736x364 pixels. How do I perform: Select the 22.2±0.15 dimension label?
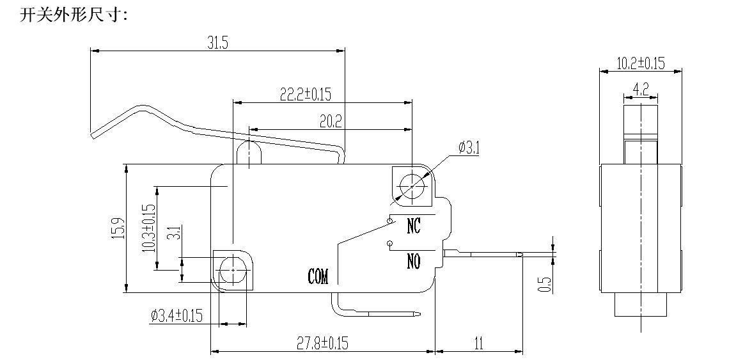(305, 94)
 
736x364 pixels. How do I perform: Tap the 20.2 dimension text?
(331, 120)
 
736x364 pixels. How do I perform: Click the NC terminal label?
(413, 225)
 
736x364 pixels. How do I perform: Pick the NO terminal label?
(413, 261)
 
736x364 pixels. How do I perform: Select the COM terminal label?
(318, 277)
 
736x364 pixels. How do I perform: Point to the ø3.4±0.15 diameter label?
(176, 315)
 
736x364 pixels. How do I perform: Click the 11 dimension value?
(478, 343)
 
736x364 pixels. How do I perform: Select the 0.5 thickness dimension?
(545, 284)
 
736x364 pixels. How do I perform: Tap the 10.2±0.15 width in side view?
(641, 63)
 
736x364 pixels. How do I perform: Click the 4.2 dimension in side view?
(641, 89)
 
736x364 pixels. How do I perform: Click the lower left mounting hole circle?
(232, 269)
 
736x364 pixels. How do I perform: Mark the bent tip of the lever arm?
(93, 134)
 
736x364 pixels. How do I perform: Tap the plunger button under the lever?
(247, 152)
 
